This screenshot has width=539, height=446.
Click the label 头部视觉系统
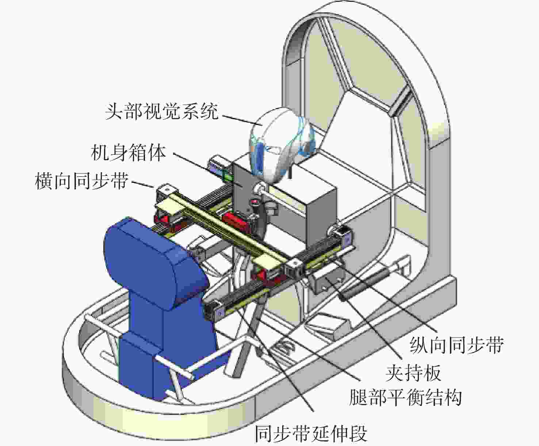click(162, 112)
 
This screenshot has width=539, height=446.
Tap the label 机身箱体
click(128, 153)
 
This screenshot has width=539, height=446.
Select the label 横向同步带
click(82, 181)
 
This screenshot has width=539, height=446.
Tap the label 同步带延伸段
click(311, 434)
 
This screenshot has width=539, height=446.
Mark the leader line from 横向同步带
click(143, 184)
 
